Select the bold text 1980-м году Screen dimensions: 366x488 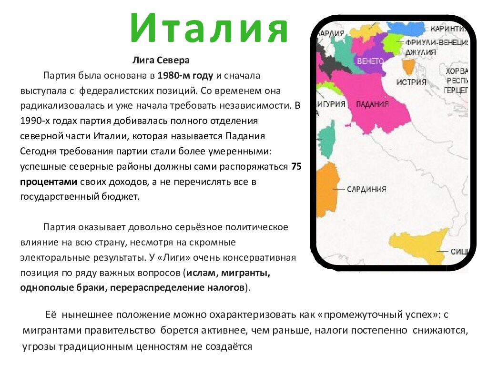[x=186, y=75]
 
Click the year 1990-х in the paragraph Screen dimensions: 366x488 [x=36, y=121]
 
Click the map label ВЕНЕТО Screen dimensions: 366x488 [x=370, y=61]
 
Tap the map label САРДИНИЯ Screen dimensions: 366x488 [x=366, y=189]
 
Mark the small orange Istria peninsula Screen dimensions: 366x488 [x=408, y=67]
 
